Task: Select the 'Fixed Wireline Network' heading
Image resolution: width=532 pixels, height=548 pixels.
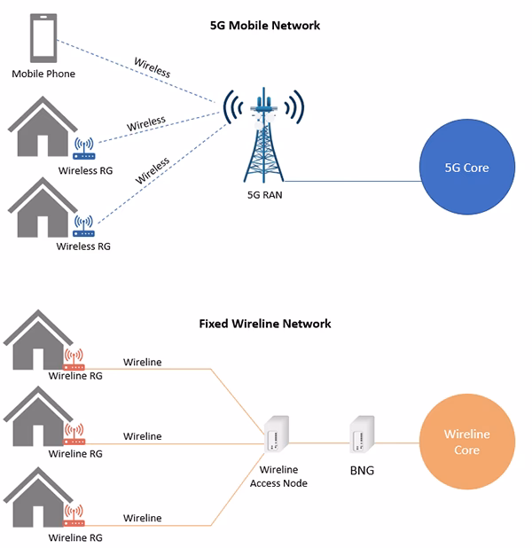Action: pos(265,324)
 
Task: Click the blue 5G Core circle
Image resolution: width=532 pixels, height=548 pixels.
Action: pos(466,168)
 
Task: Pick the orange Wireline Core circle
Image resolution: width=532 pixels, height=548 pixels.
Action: pos(466,443)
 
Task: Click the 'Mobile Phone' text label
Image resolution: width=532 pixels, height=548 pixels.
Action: pos(43,74)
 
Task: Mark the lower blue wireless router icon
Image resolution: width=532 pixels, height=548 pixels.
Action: pos(84,223)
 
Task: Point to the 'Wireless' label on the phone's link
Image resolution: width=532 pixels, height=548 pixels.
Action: pos(152,66)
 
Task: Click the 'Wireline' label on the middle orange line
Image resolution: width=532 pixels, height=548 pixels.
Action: pos(142,436)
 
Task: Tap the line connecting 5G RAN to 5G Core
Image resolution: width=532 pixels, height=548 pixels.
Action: pos(355,181)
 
